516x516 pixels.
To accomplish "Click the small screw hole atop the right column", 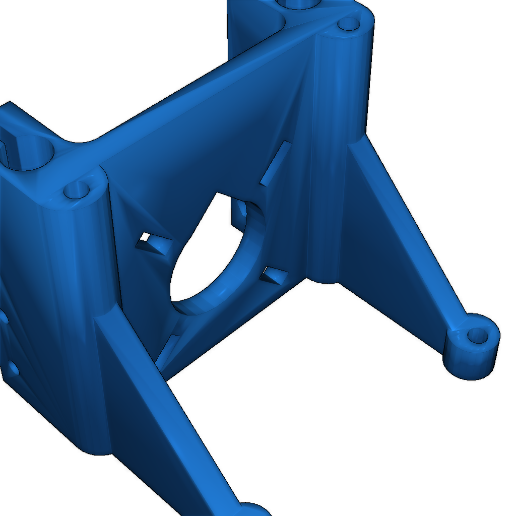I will (x=346, y=24).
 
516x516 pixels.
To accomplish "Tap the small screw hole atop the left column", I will (x=77, y=191).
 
